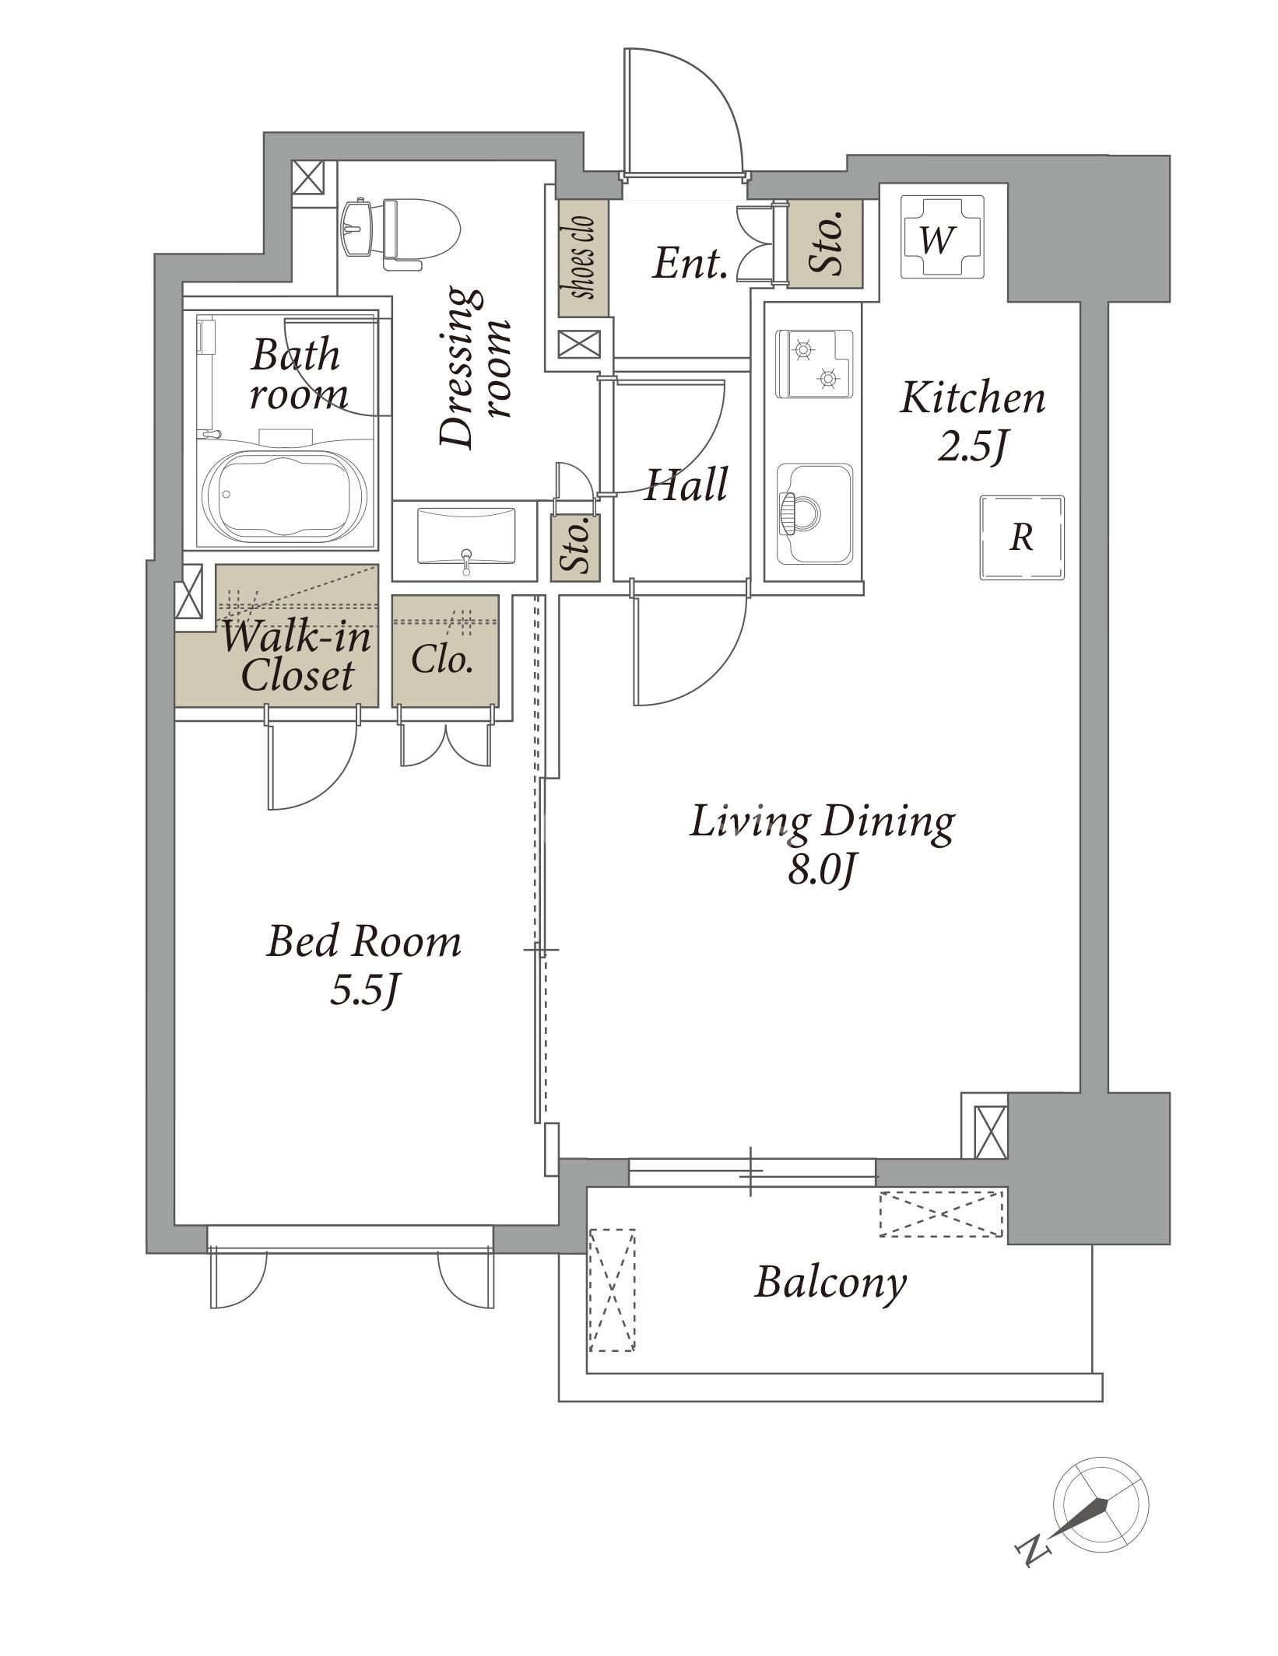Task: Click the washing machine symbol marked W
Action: click(x=942, y=236)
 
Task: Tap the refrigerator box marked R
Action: click(x=1021, y=537)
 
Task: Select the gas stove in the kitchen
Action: click(x=813, y=364)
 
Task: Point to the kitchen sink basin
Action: click(x=813, y=513)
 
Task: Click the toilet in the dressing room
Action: click(x=402, y=231)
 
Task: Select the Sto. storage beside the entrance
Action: click(x=825, y=243)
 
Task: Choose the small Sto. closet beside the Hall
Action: click(x=575, y=548)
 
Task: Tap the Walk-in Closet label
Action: click(x=297, y=656)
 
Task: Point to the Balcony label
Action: click(x=830, y=1283)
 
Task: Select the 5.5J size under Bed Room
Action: click(x=365, y=990)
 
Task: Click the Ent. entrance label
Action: click(x=690, y=264)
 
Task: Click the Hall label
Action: click(x=686, y=484)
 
